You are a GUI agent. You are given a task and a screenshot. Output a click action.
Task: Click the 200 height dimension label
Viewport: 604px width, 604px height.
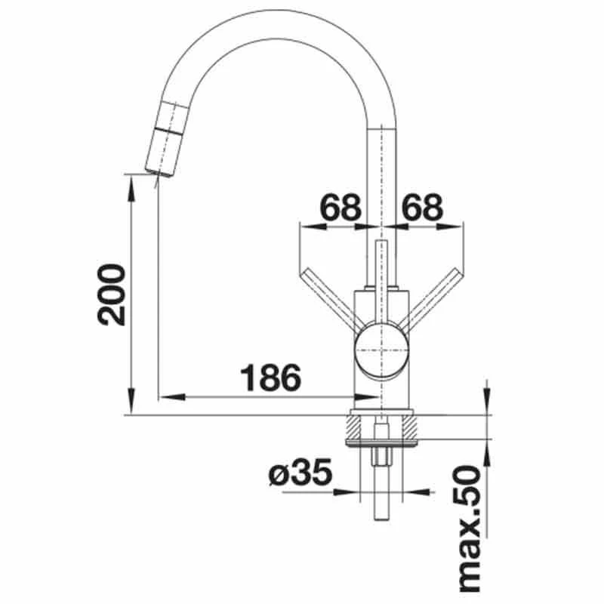112,295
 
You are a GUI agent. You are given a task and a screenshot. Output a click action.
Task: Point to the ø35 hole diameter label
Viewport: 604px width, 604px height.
300,473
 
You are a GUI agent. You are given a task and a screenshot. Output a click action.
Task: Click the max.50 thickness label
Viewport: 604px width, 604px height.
470,530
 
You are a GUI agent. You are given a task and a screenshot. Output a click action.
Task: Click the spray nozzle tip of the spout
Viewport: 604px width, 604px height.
159,172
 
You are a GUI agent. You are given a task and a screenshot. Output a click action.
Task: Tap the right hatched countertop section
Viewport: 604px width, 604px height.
409,427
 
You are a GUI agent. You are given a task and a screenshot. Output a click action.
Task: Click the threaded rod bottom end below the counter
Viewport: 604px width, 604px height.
381,518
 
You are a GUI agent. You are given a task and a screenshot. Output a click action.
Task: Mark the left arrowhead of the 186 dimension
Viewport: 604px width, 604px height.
172,396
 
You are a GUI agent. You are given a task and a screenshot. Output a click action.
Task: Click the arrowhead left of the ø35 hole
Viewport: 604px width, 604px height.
346,492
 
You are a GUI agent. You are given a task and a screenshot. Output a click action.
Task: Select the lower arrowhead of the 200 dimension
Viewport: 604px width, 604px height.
131,402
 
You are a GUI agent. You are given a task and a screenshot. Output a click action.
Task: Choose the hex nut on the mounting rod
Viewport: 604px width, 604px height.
381,458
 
